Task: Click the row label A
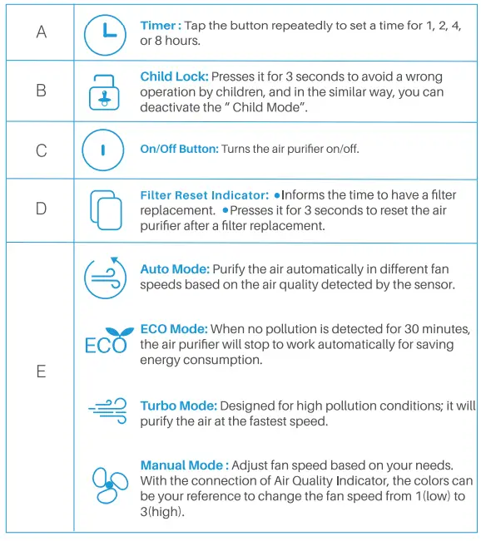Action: (41, 32)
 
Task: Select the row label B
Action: (41, 91)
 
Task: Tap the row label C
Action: (41, 151)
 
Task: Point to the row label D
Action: (41, 209)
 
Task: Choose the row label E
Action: (41, 371)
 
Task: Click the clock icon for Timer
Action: (105, 34)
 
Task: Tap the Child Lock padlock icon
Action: (105, 91)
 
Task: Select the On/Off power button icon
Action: (103, 150)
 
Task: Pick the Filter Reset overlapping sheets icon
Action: (105, 209)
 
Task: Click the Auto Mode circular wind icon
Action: (105, 278)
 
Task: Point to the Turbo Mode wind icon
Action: (107, 408)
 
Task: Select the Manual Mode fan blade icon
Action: (108, 484)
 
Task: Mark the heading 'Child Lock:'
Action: (174, 76)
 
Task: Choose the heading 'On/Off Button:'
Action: (179, 149)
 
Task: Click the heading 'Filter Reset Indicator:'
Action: (204, 195)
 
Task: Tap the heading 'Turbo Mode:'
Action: (178, 406)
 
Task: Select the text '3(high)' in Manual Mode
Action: (161, 512)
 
